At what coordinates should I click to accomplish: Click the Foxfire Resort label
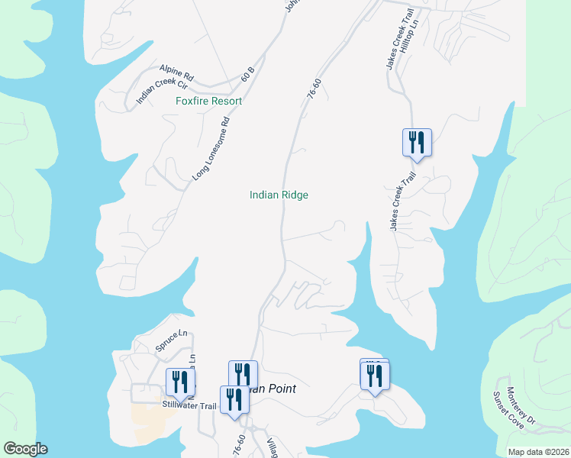[208, 101]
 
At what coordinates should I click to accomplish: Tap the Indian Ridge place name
[279, 195]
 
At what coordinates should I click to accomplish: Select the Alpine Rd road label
[177, 73]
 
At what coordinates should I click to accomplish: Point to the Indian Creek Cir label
[156, 90]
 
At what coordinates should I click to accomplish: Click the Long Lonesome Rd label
[211, 149]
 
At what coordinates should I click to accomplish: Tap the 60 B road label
[247, 74]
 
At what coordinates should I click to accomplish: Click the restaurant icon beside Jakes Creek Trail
[417, 143]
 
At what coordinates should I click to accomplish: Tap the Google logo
[25, 449]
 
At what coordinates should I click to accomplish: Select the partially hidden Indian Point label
[275, 389]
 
